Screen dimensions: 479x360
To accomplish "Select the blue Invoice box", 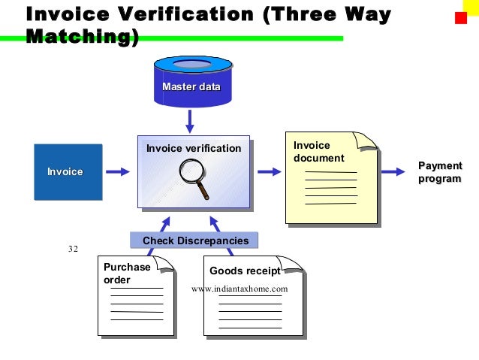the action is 68,171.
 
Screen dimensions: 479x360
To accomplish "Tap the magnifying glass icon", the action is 194,180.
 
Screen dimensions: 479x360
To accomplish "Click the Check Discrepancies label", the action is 194,241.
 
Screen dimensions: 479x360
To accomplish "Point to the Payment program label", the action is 439,172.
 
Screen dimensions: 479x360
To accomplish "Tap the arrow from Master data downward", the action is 190,120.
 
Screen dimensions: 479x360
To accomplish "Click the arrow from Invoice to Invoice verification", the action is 117,171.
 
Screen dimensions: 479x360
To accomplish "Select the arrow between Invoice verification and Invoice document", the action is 267,171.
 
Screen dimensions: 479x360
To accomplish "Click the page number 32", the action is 73,249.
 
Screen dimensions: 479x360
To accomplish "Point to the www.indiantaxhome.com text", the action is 240,289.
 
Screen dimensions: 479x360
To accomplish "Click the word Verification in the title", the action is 188,14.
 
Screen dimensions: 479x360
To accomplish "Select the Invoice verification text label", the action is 194,148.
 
